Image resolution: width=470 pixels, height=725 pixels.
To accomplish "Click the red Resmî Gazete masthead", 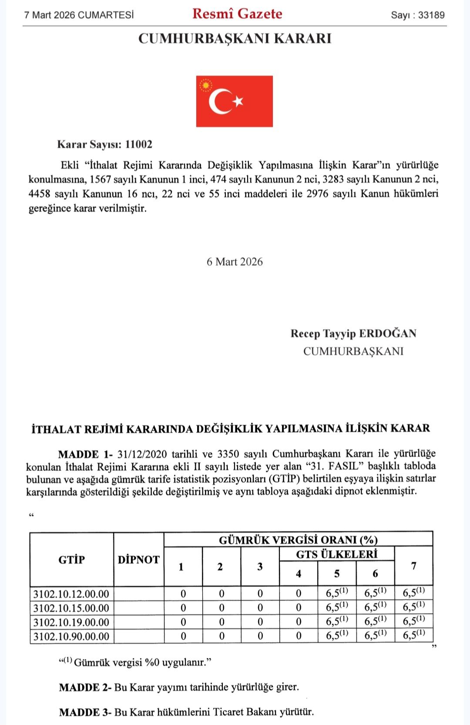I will coord(237,13).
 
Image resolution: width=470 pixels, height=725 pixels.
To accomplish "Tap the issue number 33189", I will coord(431,15).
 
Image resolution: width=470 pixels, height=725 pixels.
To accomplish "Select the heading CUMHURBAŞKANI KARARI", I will coord(235,39).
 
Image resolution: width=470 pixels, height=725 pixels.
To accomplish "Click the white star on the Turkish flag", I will coord(238,101).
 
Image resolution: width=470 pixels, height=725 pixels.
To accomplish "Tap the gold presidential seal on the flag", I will coord(205,85).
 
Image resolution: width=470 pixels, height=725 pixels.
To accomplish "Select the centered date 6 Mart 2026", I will coord(235,262).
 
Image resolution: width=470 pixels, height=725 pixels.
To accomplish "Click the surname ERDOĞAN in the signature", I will coord(387,334).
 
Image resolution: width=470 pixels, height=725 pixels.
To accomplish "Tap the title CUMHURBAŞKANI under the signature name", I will coord(353,351).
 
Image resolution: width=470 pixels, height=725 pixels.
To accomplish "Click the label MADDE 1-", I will coord(85,454).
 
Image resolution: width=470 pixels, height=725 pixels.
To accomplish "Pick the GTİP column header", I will coord(71,560).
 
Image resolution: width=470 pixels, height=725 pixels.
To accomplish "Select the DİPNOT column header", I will coord(138,560).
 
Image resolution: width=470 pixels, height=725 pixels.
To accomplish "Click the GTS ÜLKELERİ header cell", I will coord(336,554).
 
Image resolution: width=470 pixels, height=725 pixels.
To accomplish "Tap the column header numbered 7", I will coord(413,566).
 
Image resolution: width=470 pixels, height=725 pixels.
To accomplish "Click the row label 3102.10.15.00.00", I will coord(71,608).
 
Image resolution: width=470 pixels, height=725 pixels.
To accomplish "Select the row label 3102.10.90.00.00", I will coord(71,636).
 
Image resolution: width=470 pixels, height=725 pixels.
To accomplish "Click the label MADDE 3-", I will coord(85,712).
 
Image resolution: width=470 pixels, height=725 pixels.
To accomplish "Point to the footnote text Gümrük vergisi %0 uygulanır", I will coord(142,663).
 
